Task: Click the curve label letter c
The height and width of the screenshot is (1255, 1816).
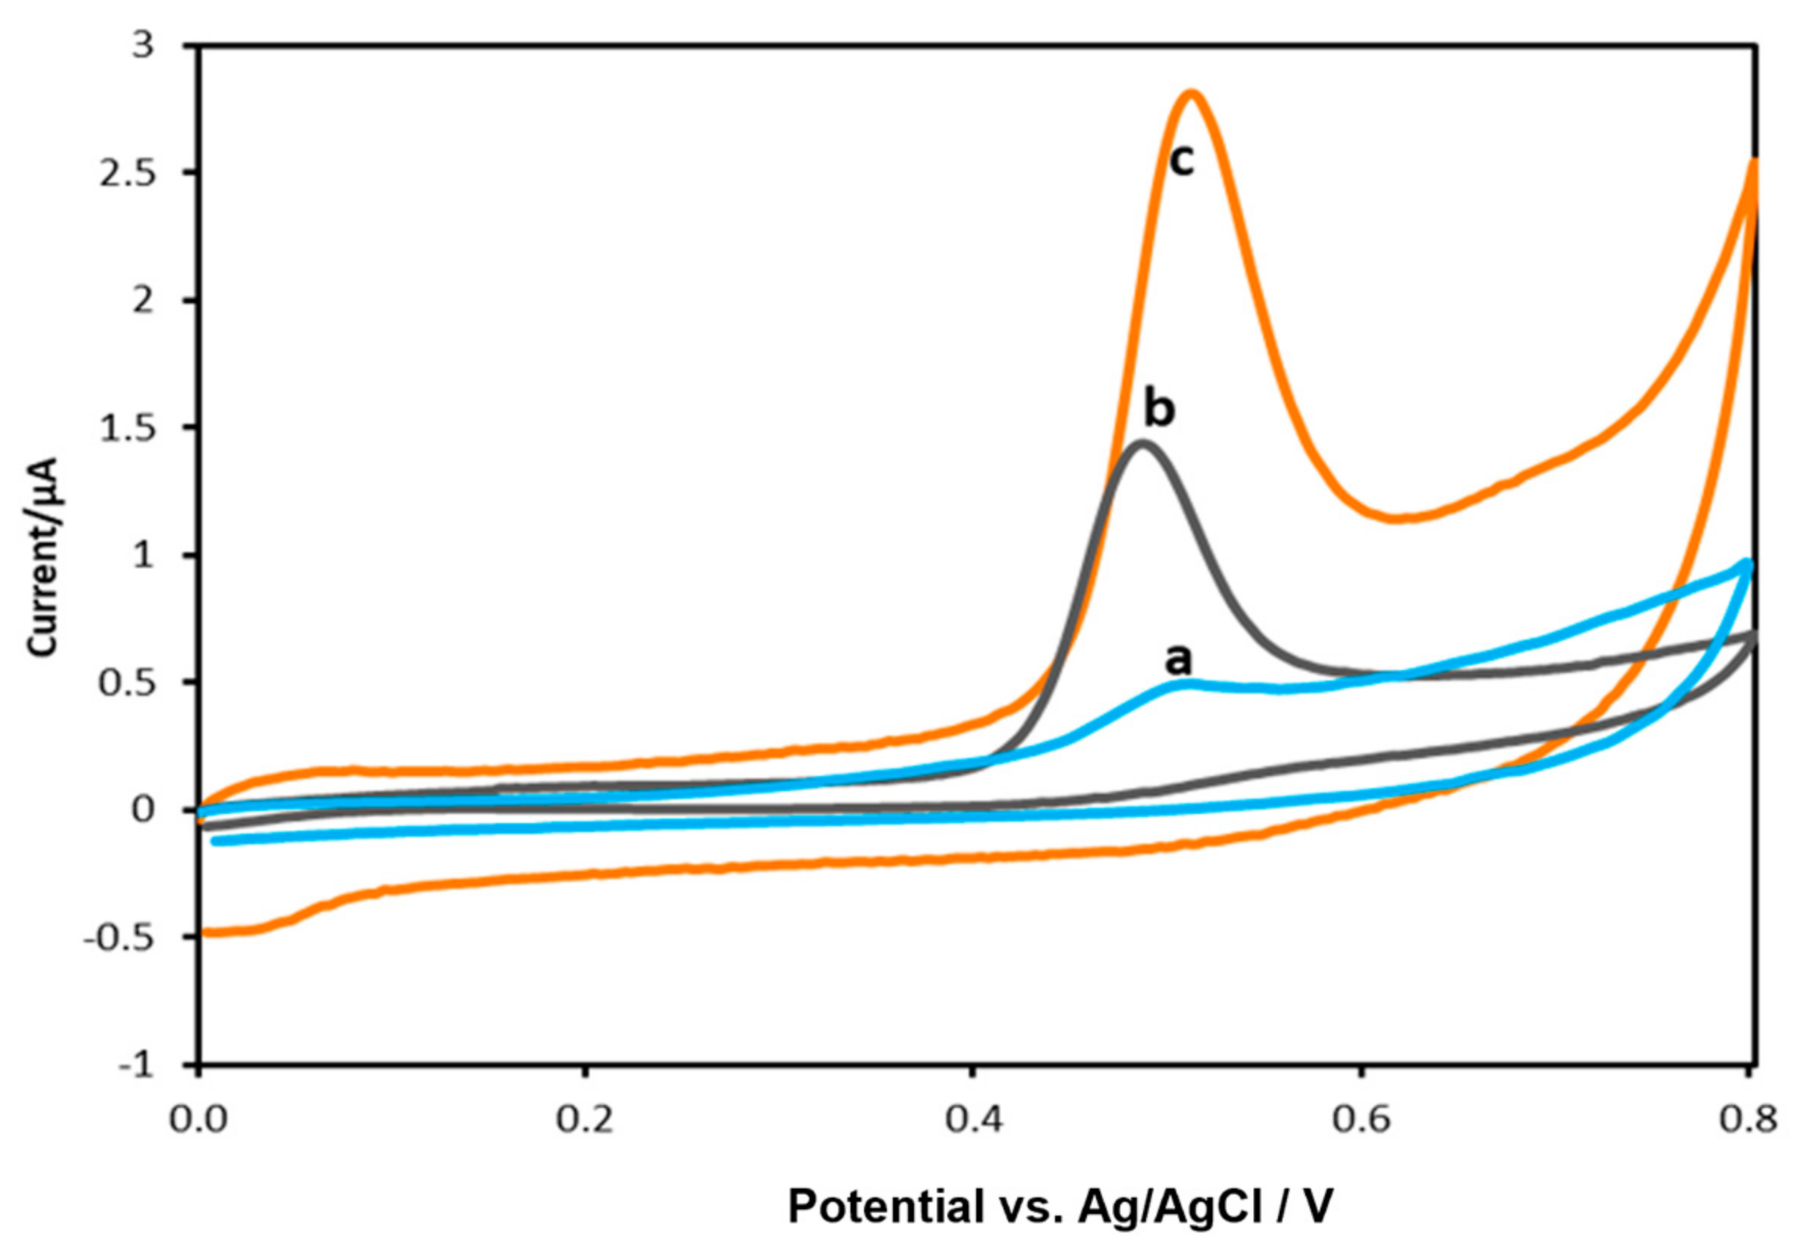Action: [x=1182, y=161]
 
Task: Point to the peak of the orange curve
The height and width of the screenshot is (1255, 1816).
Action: [x=1191, y=92]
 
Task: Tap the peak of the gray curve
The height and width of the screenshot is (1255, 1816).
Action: [x=1144, y=443]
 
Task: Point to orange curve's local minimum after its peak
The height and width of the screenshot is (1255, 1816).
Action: [x=1400, y=518]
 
